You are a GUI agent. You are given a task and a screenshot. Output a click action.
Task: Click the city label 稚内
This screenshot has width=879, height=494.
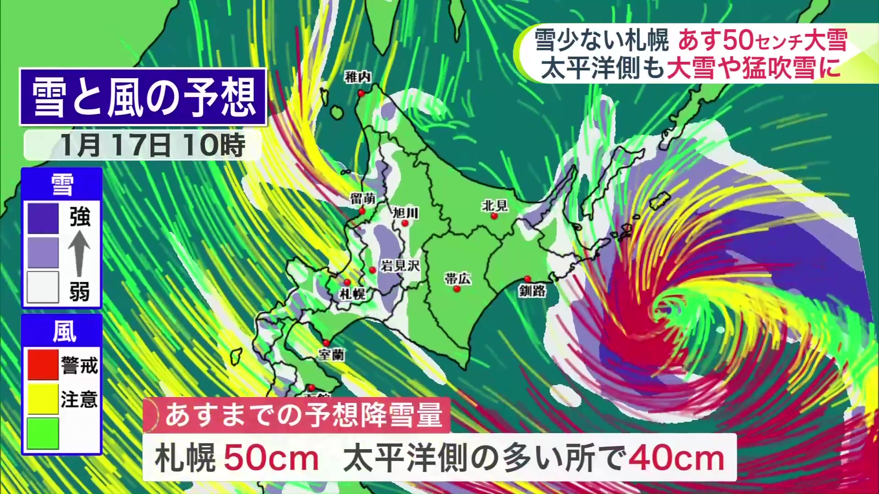(x=358, y=77)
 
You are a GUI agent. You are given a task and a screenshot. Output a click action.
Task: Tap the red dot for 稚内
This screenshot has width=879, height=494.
(x=361, y=93)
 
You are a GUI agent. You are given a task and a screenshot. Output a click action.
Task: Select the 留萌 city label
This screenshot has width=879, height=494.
(x=363, y=199)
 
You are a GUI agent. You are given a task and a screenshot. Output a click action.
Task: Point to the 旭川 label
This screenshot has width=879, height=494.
(x=406, y=213)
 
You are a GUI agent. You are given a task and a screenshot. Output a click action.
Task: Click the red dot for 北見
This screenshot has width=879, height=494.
(x=494, y=216)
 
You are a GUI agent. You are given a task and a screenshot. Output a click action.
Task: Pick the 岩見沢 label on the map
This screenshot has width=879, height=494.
(x=400, y=266)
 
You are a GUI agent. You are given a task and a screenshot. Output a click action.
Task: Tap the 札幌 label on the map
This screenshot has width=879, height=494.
(x=353, y=294)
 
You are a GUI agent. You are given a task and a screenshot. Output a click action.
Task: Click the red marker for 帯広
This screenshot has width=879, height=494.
(x=456, y=289)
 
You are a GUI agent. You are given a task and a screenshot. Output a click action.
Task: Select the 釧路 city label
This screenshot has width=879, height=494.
(x=532, y=290)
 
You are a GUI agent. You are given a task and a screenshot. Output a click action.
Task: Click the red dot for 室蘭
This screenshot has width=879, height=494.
(x=326, y=343)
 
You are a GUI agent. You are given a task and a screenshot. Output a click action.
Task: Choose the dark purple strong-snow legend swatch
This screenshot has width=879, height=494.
(x=43, y=218)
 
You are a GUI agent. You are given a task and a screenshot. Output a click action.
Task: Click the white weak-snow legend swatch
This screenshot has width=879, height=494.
(x=43, y=287)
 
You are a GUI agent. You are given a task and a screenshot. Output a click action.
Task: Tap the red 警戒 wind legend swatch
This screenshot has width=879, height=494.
(x=43, y=365)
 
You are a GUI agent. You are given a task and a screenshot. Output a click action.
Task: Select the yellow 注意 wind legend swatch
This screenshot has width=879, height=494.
(x=43, y=399)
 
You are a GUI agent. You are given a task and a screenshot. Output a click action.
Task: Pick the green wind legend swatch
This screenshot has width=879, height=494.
(x=43, y=433)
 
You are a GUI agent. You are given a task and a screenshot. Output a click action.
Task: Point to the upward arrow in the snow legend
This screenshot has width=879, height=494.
(x=79, y=252)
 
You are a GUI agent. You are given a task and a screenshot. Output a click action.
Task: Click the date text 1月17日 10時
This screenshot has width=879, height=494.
(x=153, y=145)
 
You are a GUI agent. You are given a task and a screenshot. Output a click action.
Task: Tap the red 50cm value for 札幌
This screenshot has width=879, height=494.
(x=271, y=458)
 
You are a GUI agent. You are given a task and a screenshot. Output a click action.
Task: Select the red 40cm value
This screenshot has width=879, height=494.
(x=677, y=458)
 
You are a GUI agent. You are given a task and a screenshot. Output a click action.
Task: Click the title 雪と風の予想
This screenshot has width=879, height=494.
(x=143, y=97)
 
